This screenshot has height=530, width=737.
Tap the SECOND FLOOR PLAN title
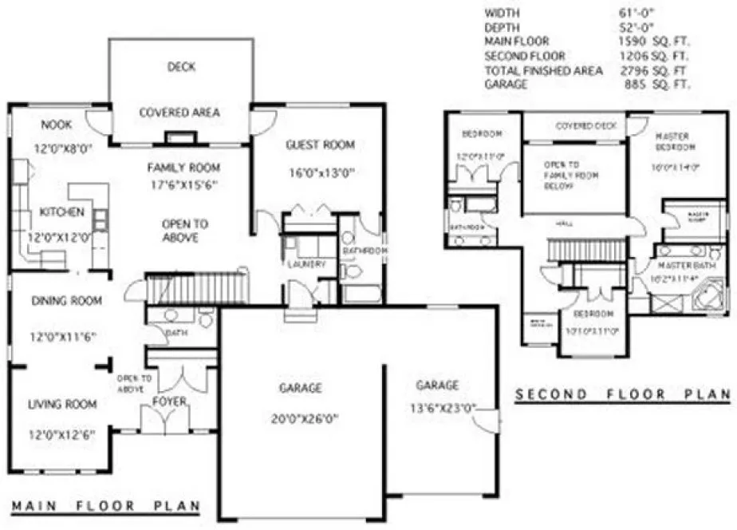(x=622, y=394)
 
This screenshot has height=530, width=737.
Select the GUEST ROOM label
(x=320, y=144)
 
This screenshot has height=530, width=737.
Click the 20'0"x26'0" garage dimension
(x=301, y=415)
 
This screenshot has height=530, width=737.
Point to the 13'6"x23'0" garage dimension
(x=437, y=407)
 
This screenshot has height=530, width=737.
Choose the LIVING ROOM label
(x=63, y=404)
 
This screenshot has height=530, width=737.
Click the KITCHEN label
(x=61, y=212)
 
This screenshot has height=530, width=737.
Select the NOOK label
(x=57, y=125)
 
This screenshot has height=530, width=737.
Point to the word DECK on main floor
(x=181, y=67)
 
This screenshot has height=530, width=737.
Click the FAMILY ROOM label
(x=183, y=168)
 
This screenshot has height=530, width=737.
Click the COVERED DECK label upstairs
(x=575, y=126)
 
